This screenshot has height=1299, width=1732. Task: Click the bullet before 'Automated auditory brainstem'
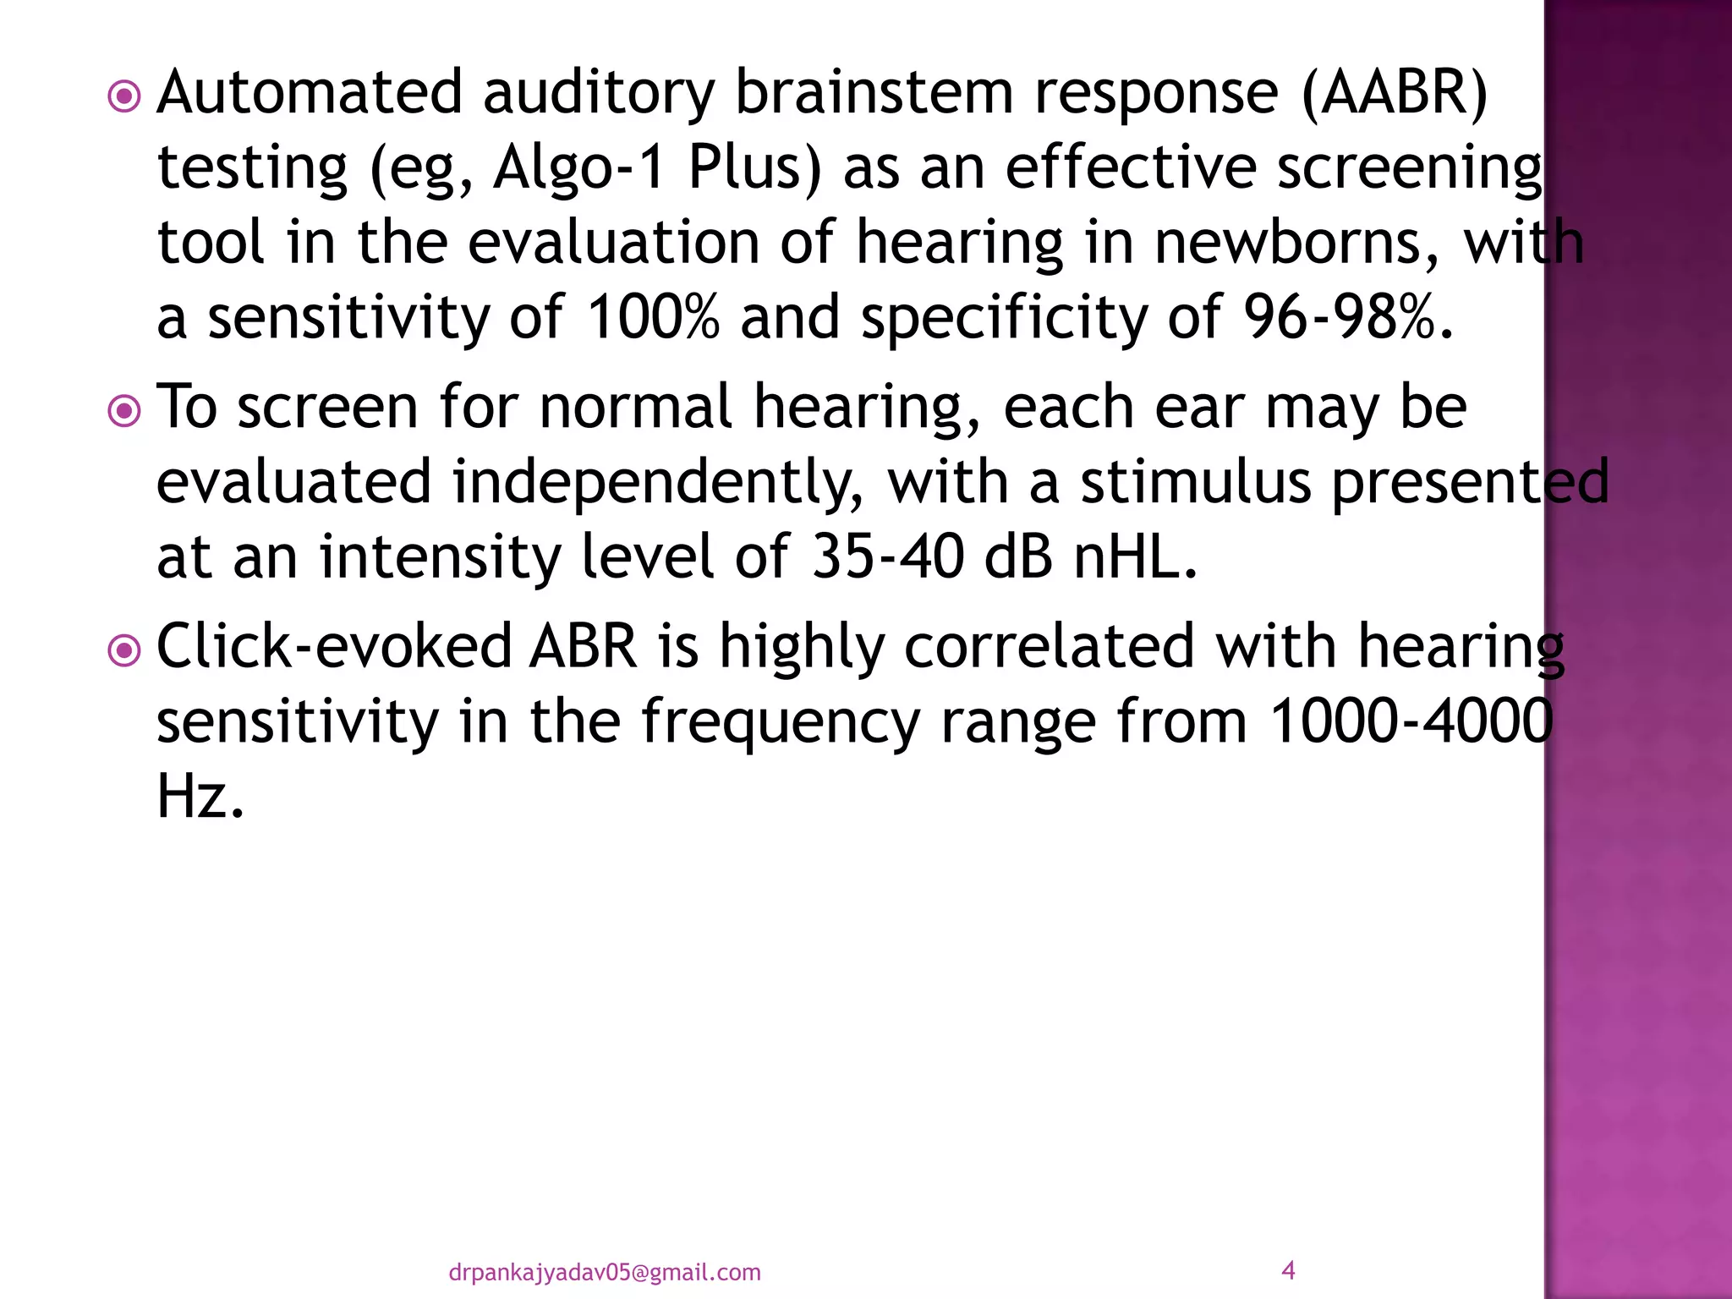[125, 97]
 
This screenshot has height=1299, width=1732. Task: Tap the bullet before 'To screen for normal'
[125, 412]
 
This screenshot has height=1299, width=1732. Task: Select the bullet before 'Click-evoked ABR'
[125, 651]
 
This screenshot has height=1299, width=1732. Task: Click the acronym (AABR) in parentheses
[1395, 93]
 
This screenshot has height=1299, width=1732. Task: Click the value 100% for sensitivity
[653, 318]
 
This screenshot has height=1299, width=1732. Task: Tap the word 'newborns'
[1296, 243]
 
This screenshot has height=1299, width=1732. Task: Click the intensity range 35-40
[887, 557]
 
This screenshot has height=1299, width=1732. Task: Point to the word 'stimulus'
[1196, 482]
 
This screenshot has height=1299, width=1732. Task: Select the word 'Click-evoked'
[334, 647]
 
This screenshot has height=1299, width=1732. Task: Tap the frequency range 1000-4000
[1411, 721]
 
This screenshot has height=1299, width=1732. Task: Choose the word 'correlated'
[1050, 647]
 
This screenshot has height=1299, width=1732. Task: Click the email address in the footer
[604, 1272]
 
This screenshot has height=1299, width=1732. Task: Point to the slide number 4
[1288, 1269]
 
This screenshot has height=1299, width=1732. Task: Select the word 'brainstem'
[874, 92]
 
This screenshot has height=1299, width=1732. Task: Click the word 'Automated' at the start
[310, 92]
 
